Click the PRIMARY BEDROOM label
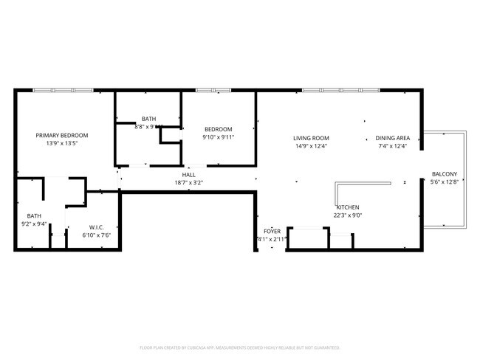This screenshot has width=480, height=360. click(x=63, y=136)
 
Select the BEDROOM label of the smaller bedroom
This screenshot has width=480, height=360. click(x=218, y=129)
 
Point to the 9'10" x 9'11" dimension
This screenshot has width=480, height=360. click(x=218, y=137)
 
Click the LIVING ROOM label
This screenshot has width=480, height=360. click(x=310, y=138)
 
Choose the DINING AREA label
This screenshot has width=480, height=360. click(x=392, y=138)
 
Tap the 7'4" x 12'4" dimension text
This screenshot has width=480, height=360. click(x=392, y=146)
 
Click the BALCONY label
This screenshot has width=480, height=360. click(x=444, y=174)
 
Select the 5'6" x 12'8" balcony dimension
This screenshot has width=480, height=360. click(x=444, y=182)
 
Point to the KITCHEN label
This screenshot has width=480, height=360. click(x=347, y=207)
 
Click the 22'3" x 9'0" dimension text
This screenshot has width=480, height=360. click(x=347, y=215)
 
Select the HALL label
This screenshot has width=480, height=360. click(x=189, y=175)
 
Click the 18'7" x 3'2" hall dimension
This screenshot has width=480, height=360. click(x=189, y=183)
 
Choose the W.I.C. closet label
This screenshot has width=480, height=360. click(x=100, y=227)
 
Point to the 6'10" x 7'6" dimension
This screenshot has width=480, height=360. click(x=100, y=235)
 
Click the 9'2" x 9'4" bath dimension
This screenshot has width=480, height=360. click(x=34, y=224)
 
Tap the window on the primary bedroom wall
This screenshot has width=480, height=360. click(x=72, y=90)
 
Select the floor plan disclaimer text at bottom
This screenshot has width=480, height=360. click(x=239, y=347)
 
